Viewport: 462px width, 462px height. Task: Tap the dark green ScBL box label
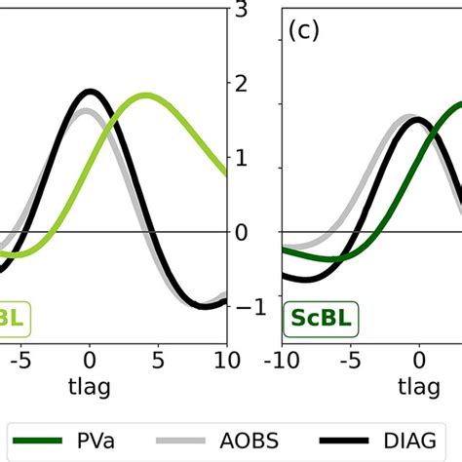320,317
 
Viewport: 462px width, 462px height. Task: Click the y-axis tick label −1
248,307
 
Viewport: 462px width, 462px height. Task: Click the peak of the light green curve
147,96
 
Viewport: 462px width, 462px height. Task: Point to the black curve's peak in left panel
91,92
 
